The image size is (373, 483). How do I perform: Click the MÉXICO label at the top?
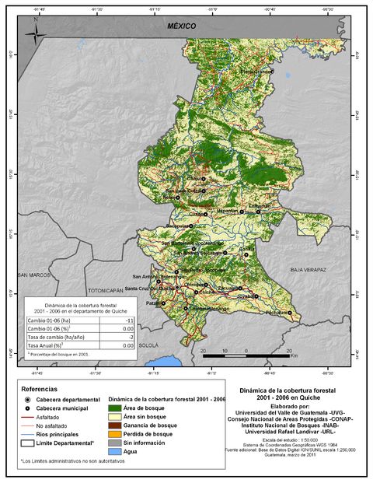tap(182, 26)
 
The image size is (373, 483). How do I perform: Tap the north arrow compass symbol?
tap(35, 33)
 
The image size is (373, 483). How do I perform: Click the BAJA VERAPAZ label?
tap(306, 269)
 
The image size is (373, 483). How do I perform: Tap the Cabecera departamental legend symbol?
tap(28, 398)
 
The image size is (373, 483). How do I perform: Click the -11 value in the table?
tap(131, 320)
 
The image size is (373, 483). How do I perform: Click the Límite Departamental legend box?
tap(28, 443)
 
